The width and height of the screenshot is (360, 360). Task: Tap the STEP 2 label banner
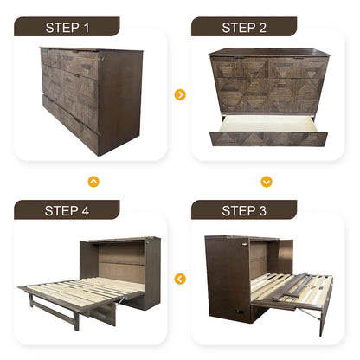(x=244, y=27)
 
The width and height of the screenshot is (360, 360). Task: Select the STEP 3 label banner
(x=244, y=210)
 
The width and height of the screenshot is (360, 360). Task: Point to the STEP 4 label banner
(x=67, y=210)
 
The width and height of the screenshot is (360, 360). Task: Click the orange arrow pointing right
(x=180, y=94)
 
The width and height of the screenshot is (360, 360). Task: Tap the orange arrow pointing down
(x=267, y=182)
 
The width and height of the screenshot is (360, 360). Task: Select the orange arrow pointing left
(x=180, y=279)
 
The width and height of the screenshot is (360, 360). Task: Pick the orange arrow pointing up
(x=93, y=182)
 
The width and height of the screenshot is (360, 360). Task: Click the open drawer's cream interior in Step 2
(x=268, y=124)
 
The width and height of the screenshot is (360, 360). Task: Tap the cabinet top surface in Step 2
(x=269, y=53)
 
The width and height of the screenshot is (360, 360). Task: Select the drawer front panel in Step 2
(x=268, y=138)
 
